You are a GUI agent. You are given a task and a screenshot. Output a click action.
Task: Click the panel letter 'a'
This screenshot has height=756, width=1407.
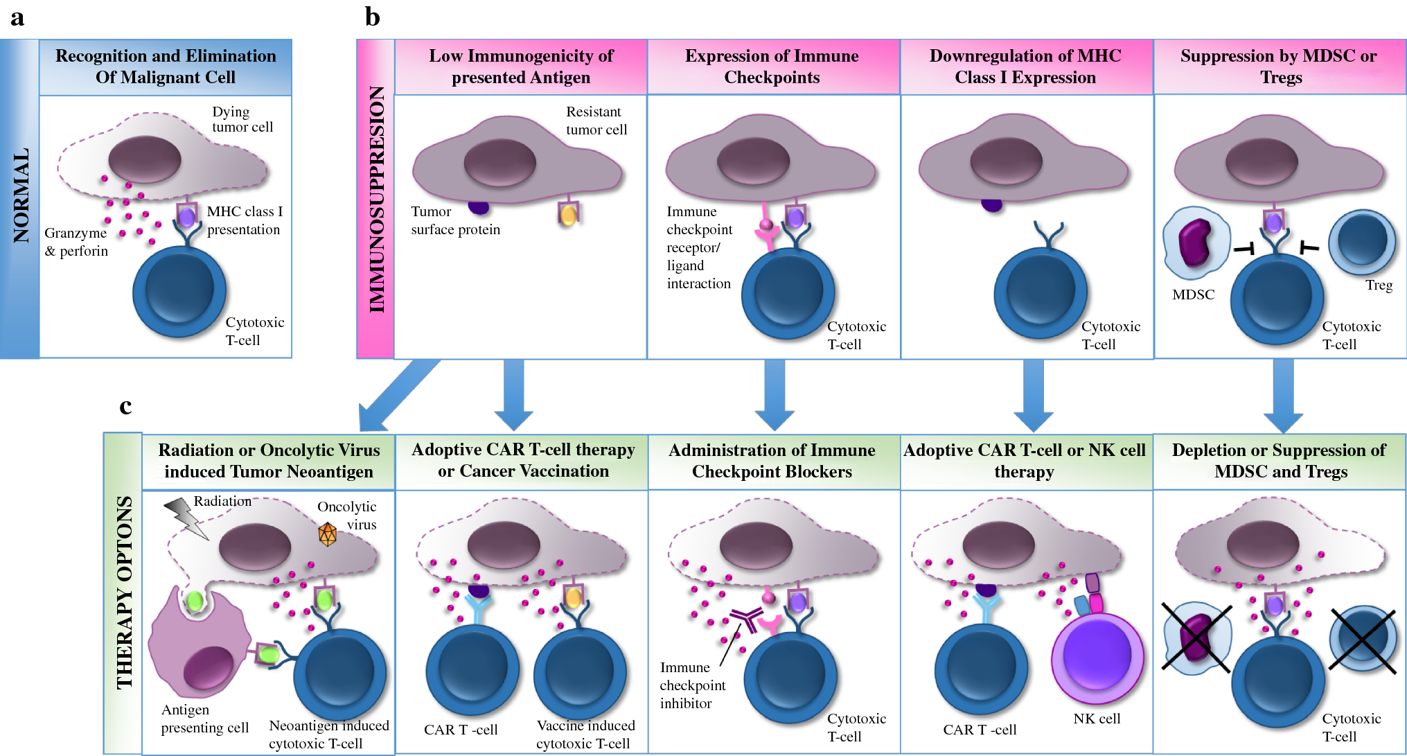coord(17,18)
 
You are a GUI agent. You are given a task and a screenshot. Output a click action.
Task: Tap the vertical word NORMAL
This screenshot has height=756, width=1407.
coord(21,196)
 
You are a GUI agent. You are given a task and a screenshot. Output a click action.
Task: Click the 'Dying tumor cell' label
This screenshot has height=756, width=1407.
coord(242,119)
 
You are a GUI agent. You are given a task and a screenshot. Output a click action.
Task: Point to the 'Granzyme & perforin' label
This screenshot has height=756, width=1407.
coord(76,242)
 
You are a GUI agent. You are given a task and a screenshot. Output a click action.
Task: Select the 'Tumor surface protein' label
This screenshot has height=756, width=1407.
coord(454,220)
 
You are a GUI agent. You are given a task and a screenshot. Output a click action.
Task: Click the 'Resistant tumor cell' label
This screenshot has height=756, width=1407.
coord(596,121)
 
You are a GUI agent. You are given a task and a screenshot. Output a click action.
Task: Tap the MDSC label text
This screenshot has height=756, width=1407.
coord(1193,295)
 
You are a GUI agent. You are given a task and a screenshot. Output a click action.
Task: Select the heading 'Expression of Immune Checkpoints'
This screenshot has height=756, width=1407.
coord(772,67)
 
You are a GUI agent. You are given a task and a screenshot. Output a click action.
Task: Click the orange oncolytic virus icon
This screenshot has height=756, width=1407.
coord(327,534)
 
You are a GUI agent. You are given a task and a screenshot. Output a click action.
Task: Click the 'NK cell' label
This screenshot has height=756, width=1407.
coord(1097,719)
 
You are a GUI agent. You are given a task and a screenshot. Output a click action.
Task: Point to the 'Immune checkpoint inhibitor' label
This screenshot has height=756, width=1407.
coord(692,685)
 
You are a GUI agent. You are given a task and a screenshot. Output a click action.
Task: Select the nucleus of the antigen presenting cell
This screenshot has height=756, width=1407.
coord(208,667)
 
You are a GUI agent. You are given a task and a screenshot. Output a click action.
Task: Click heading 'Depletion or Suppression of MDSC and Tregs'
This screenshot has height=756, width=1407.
coord(1279,461)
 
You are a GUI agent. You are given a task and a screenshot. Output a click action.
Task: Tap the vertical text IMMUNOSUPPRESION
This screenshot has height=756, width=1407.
coord(376,200)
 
